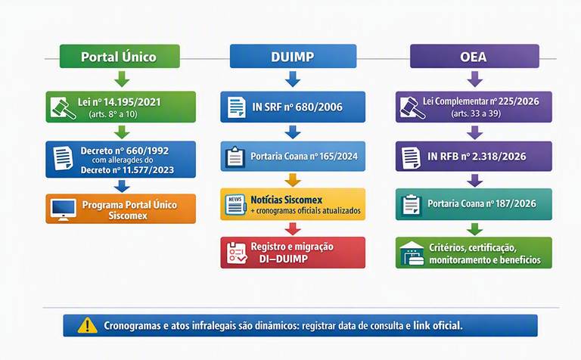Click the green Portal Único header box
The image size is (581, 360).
tap(120, 56)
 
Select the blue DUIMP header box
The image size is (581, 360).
tap(293, 56)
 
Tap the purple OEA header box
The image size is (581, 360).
tap(474, 56)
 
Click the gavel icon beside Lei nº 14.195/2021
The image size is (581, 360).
tap(63, 108)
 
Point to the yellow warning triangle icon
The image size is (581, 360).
tap(88, 325)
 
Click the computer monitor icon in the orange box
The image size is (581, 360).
tap(64, 209)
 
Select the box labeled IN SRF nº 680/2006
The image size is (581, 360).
tap(293, 107)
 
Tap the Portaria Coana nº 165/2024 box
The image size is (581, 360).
tap(293, 156)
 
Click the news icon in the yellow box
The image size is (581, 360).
tap(235, 204)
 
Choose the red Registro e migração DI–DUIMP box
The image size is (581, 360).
tap(293, 253)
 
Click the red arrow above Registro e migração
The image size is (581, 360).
tap(293, 229)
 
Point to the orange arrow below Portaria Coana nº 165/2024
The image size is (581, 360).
tap(293, 180)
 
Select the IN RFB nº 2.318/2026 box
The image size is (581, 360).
tap(474, 156)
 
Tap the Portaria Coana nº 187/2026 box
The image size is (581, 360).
tap(474, 204)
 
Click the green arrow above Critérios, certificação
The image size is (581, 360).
tap(474, 229)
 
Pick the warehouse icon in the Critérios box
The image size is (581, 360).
tap(412, 253)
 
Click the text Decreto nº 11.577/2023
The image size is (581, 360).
tap(127, 170)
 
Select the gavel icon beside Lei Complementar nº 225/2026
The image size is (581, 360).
tap(413, 108)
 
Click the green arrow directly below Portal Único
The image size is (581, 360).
tap(122, 79)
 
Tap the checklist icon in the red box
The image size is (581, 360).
tap(237, 253)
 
